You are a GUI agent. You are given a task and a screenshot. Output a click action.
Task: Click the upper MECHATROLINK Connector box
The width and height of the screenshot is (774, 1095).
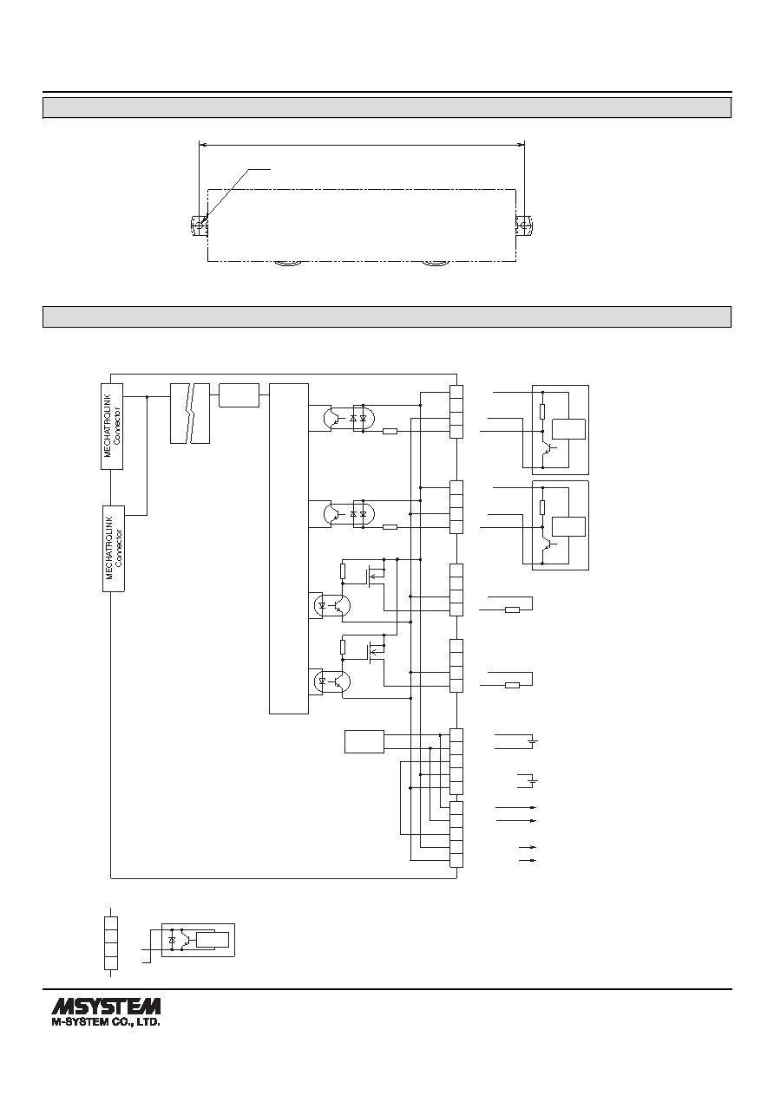point(112,427)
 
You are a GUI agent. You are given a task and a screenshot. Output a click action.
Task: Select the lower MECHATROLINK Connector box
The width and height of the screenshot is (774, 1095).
point(114,549)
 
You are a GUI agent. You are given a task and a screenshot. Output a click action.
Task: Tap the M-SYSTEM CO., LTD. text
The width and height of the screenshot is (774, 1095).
point(106,1022)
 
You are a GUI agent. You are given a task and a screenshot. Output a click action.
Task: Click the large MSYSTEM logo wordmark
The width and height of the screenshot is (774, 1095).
point(106,1007)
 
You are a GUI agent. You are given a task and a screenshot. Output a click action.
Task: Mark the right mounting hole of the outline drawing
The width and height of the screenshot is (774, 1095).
point(524,226)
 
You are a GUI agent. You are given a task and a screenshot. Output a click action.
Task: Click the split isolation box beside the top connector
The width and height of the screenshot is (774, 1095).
point(190,414)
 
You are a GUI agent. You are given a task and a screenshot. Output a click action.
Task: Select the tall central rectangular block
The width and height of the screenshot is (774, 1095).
point(289,549)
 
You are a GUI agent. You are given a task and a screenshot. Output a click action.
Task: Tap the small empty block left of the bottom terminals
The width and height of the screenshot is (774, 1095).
point(364,741)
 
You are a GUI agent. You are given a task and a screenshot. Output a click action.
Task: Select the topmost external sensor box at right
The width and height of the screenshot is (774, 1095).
point(561,430)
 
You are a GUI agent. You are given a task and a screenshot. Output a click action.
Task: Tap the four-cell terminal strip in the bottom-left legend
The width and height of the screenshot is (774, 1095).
point(111,942)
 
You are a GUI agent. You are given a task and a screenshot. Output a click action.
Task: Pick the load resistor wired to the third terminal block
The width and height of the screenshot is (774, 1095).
point(512,609)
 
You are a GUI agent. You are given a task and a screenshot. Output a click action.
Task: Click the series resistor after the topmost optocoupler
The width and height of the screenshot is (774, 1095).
point(390,431)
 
